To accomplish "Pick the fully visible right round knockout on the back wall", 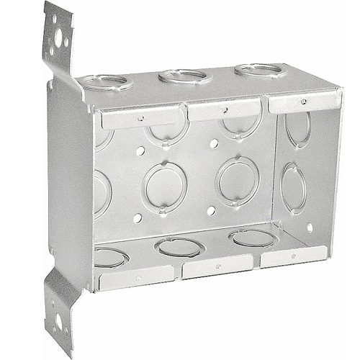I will click(237, 180).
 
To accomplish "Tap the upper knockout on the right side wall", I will click(297, 129).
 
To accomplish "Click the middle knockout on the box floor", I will click(179, 247).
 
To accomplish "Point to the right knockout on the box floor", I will click(251, 238).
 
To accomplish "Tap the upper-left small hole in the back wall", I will click(140, 152).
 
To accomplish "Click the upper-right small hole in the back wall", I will click(213, 144).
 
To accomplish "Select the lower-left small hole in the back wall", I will click(137, 217).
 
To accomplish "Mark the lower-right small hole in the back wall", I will click(210, 211).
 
